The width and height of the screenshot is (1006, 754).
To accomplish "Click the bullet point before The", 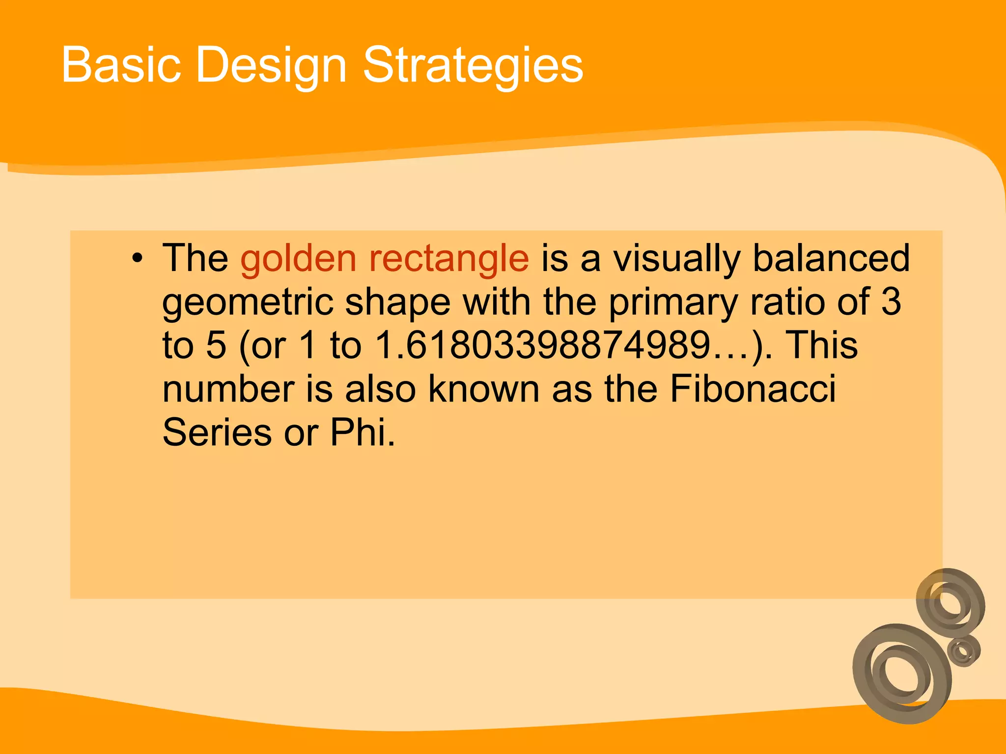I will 138,258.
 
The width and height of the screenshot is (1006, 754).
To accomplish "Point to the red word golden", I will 298,259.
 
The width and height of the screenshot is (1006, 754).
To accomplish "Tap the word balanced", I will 831,258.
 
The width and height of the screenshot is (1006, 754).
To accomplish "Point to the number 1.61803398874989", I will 543,345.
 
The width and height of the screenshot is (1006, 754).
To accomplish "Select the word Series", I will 217,432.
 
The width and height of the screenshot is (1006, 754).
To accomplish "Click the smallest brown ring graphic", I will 963,651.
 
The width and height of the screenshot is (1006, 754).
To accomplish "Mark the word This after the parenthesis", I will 822,345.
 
